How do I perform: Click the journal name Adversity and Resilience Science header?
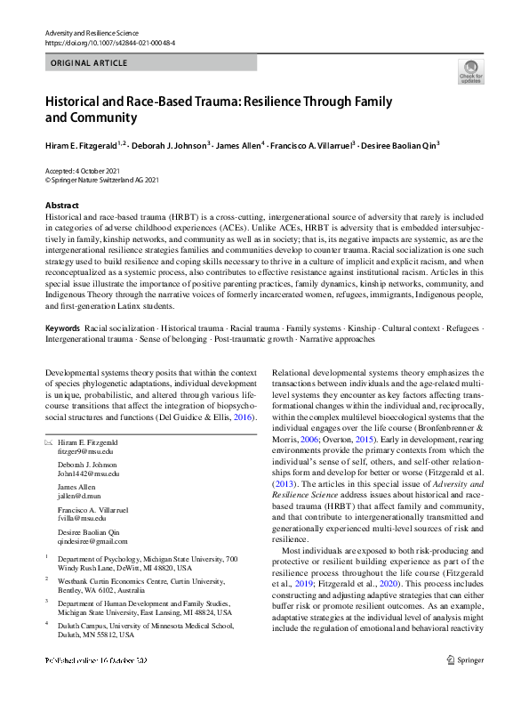(x=95, y=32)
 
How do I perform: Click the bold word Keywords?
(x=62, y=328)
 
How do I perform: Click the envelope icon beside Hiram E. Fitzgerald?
(x=48, y=442)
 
